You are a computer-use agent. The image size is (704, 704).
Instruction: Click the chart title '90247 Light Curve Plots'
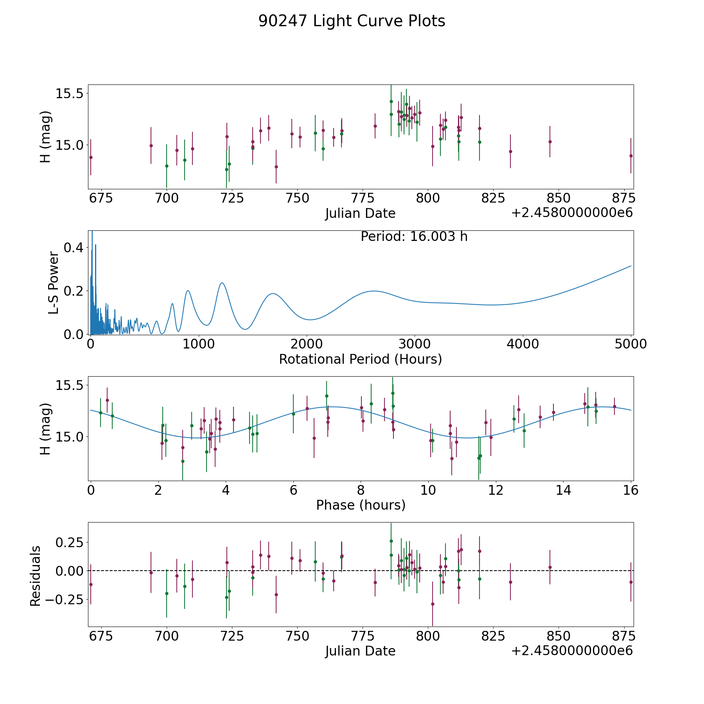tap(352, 21)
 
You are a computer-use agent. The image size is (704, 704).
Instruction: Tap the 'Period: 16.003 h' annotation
tap(414, 237)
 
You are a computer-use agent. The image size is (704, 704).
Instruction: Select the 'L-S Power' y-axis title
tap(54, 283)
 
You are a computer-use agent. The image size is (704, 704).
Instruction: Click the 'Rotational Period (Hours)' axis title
tap(360, 359)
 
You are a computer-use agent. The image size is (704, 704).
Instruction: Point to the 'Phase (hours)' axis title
tap(361, 505)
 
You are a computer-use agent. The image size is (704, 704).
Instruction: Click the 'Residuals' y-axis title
tap(35, 576)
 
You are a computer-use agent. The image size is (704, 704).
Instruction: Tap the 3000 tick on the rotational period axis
tap(415, 344)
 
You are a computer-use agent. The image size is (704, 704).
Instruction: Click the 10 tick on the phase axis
tap(428, 490)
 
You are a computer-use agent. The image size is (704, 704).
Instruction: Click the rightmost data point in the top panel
tap(631, 156)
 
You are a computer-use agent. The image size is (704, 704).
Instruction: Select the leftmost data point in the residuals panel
tap(91, 584)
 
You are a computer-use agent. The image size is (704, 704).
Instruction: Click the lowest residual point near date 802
tap(433, 604)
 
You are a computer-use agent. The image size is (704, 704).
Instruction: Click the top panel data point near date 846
tap(550, 142)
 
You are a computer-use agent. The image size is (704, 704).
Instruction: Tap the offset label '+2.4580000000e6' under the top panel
tap(572, 213)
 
